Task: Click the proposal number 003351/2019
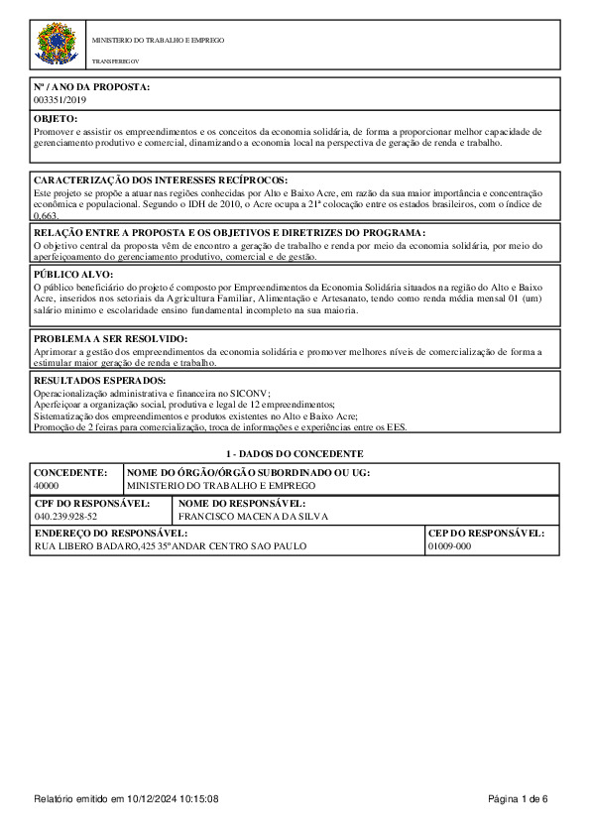click(x=60, y=101)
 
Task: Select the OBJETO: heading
click(x=56, y=118)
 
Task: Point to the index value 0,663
click(x=47, y=215)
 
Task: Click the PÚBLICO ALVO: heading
click(x=73, y=274)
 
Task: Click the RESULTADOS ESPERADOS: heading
click(x=100, y=380)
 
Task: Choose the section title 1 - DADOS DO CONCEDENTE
click(x=294, y=452)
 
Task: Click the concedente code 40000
click(x=47, y=486)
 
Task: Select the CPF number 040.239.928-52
click(x=65, y=517)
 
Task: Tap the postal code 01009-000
click(x=449, y=546)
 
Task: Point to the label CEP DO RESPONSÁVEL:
click(x=486, y=534)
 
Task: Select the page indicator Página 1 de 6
click(x=518, y=799)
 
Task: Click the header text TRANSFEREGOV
click(x=116, y=61)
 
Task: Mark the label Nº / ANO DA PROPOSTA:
click(x=91, y=88)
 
